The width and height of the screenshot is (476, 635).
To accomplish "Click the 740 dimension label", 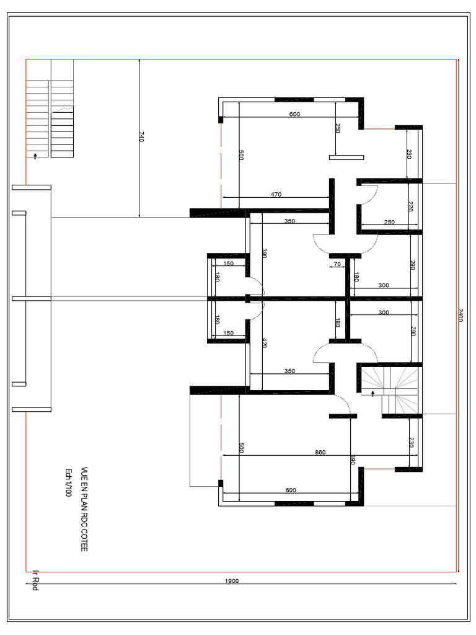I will [141, 137].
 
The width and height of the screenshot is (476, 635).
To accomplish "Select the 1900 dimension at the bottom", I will [232, 581].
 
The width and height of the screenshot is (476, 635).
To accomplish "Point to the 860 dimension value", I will [320, 452].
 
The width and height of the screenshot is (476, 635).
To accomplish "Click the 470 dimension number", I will [276, 195].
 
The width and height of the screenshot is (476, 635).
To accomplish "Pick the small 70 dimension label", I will [337, 264].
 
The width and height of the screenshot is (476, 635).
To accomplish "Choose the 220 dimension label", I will [410, 206].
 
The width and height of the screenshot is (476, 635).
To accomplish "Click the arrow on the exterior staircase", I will [35, 156].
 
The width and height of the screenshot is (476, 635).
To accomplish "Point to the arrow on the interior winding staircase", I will [372, 393].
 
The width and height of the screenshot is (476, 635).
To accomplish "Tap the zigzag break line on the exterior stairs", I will [64, 109].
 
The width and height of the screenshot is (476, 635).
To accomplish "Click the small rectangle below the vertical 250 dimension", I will [346, 158].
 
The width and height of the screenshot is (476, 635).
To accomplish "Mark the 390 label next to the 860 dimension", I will [352, 459].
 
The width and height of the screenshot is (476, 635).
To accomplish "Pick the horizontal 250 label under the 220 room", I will [389, 222].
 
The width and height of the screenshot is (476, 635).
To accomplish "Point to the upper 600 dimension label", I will [294, 114].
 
